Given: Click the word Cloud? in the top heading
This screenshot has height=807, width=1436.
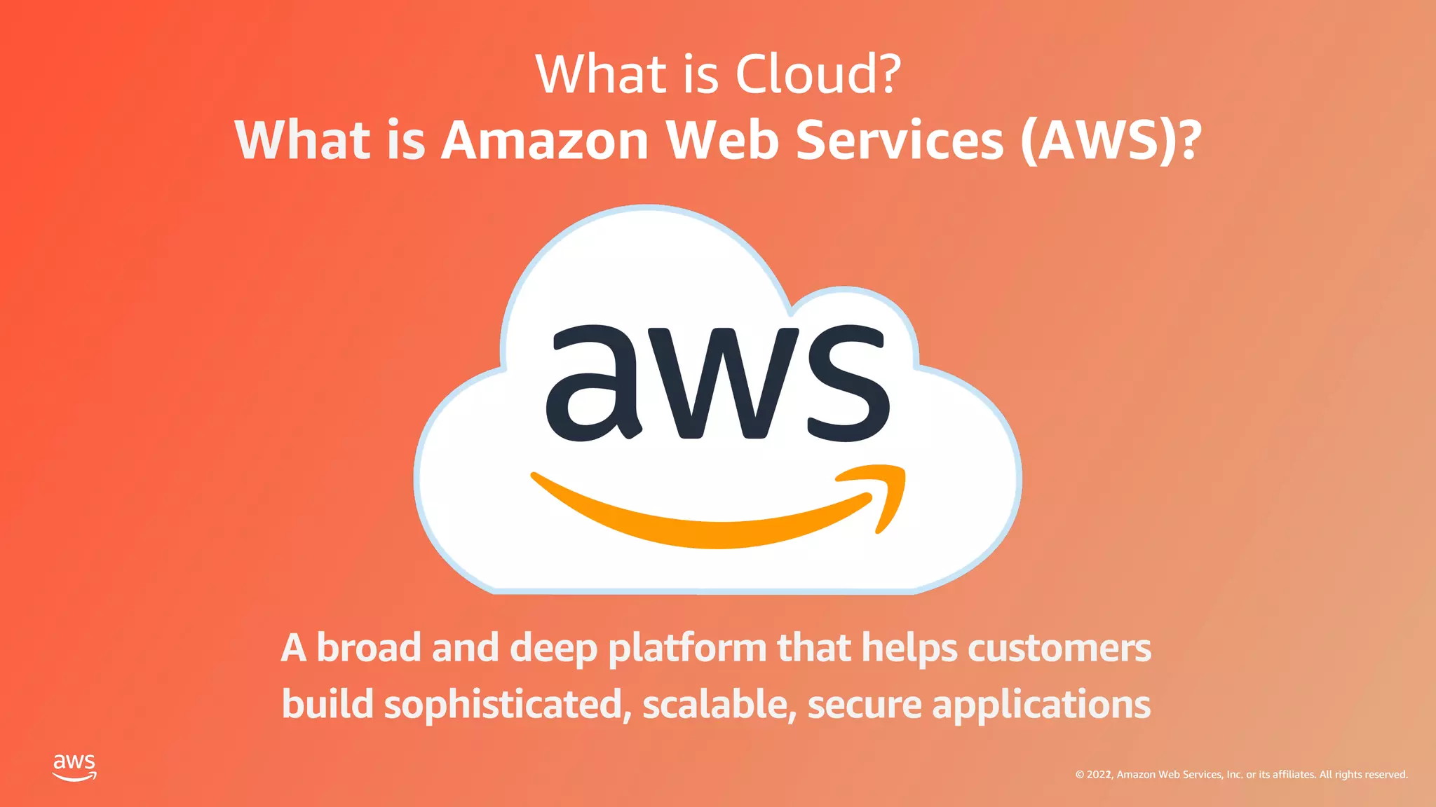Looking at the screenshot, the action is (818, 74).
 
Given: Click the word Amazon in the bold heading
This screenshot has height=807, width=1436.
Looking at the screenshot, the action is (545, 141).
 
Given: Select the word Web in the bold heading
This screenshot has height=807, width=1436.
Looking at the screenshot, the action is (723, 141).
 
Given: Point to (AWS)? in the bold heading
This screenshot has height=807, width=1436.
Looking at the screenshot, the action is (1111, 141).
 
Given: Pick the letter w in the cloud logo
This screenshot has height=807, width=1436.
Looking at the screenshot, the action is (724, 384).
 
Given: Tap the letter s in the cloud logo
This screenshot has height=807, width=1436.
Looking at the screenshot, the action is (848, 384).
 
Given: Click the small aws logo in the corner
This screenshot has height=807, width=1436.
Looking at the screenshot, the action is (74, 767).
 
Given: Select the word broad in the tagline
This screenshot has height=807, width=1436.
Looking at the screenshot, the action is (369, 647).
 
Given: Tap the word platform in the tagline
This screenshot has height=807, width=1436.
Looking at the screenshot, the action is (687, 649).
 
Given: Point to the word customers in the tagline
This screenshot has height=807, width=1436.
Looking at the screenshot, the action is (1059, 649).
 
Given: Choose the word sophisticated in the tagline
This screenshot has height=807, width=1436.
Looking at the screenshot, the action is (503, 705).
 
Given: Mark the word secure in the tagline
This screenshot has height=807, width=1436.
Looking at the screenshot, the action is (865, 705).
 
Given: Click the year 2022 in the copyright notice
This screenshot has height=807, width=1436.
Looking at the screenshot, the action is (1099, 775).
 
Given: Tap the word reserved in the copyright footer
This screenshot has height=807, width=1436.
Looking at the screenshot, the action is (1386, 775).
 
